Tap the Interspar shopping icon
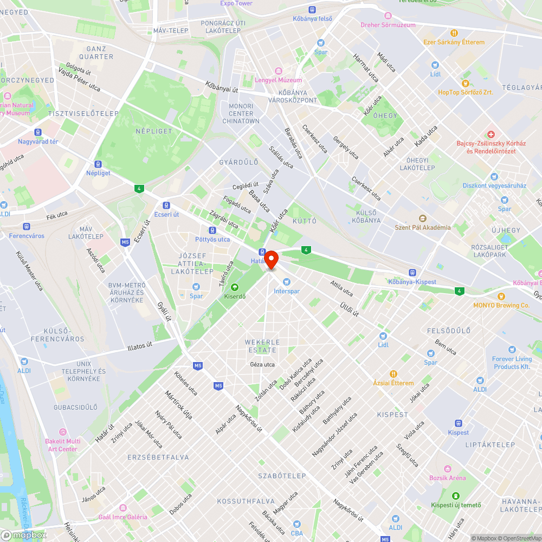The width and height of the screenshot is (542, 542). tap(287, 281)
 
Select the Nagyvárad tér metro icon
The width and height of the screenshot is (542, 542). tap(37, 132)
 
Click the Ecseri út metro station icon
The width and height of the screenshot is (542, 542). tap(166, 205)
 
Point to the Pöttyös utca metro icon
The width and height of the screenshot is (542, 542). tap(212, 230)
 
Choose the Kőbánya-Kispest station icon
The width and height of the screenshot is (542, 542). tap(412, 273)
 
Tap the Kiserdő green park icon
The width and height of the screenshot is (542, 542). tap(235, 287)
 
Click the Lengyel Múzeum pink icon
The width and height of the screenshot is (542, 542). tap(279, 71)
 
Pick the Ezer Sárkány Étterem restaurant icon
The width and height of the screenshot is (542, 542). tap(454, 33)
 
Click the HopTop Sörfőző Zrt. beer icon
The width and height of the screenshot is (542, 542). tap(466, 83)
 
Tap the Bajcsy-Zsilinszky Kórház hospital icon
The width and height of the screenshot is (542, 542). tap(491, 134)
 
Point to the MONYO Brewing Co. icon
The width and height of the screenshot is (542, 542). tap(501, 296)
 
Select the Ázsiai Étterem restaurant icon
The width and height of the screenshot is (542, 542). tap(394, 373)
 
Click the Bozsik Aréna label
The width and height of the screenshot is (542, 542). tap(447, 478)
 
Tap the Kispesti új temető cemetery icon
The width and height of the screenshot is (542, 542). tap(455, 496)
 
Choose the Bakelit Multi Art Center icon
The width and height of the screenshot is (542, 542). tap(63, 431)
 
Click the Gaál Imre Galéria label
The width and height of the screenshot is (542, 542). tap(122, 517)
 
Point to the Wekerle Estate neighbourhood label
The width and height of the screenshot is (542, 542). tap(262, 346)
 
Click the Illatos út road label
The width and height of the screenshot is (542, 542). tap(147, 345)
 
